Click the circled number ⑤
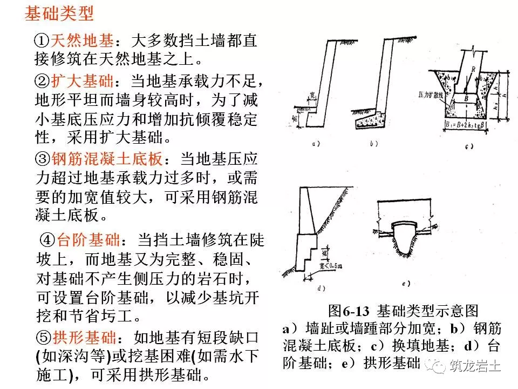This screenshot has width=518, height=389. pos(43,338)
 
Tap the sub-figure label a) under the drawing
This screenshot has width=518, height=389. pos(317,144)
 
